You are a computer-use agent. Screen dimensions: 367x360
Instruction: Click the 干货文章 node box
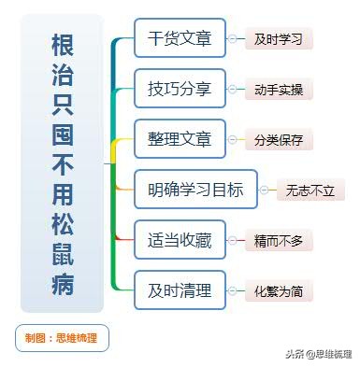180,39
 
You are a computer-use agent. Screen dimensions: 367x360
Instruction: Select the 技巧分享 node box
180,90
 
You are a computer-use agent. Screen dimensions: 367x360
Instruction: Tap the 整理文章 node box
180,140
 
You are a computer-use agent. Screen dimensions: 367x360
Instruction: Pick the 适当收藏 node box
180,240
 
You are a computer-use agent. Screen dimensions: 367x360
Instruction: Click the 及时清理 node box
180,290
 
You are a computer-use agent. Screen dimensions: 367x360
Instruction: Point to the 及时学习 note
278,40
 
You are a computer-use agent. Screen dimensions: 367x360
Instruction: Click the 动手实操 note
278,91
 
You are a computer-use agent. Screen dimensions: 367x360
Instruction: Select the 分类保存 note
278,141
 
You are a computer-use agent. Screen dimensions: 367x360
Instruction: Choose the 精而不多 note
278,241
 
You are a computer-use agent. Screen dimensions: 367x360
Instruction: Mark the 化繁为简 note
278,291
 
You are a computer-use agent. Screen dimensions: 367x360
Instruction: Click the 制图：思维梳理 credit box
62,338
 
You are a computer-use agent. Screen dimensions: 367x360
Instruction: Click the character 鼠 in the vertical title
63,251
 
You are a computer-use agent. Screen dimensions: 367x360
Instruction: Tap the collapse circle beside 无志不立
266,191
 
